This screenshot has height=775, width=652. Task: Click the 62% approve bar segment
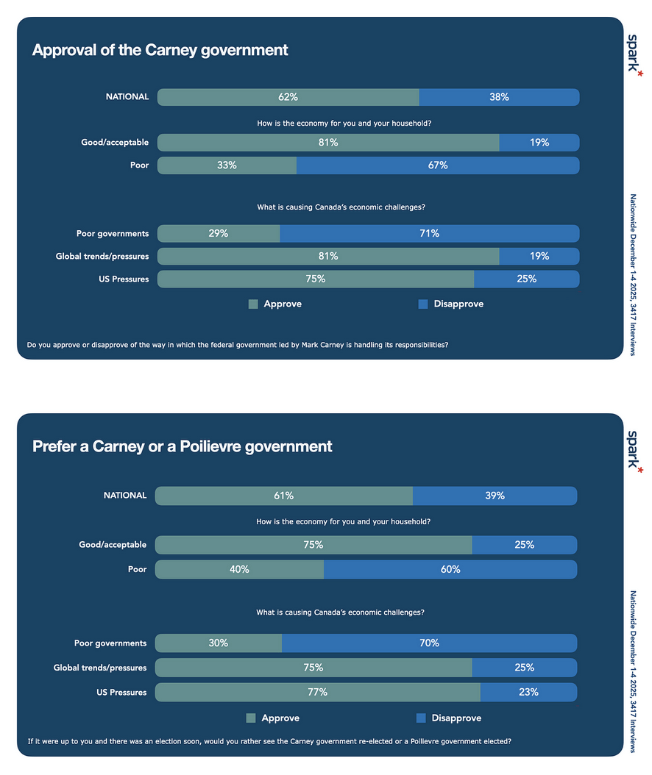288,97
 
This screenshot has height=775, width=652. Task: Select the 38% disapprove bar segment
499,97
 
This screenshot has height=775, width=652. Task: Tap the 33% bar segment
227,165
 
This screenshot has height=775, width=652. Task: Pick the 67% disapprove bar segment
438,165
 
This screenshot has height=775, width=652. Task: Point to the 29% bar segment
219,234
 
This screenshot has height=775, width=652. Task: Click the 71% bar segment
429,234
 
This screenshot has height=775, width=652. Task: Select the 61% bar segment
283,496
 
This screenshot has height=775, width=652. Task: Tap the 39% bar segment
495,496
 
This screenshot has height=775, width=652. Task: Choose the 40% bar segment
239,570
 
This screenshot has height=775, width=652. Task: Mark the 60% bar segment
450,570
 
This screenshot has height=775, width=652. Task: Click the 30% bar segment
218,643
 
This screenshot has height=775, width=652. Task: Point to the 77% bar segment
317,693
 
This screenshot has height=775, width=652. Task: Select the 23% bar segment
528,693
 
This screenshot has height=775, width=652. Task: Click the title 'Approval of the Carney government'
160,51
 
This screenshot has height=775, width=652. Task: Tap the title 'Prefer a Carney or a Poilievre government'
182,446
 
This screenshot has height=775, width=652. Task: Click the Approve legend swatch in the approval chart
253,304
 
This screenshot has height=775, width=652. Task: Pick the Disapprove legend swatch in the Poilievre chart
421,718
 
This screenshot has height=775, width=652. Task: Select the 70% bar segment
429,643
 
